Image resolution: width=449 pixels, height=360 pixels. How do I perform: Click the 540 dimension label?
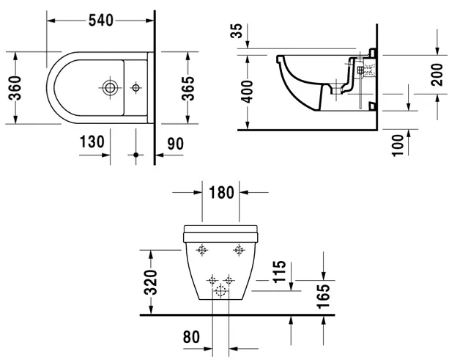click(x=101, y=21)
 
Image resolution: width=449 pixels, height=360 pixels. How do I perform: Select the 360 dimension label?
click(x=15, y=88)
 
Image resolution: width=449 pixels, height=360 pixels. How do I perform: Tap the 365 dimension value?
click(x=188, y=88)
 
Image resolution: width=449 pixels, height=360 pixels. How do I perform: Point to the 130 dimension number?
click(x=92, y=142)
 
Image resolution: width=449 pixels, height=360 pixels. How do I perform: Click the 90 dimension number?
click(x=175, y=144)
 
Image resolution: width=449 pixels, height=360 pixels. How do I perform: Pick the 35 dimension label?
click(x=237, y=31)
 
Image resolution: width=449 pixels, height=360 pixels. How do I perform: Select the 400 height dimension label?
click(x=247, y=92)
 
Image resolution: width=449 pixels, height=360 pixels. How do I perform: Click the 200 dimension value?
click(x=437, y=75)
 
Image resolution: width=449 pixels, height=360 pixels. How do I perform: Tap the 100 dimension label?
click(x=398, y=145)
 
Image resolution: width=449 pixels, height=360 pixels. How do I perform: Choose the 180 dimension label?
click(x=221, y=192)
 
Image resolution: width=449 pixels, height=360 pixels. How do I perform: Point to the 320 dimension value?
click(x=151, y=282)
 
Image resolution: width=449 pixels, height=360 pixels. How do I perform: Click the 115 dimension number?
click(x=280, y=272)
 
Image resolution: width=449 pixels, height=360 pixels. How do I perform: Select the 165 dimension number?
click(x=324, y=296)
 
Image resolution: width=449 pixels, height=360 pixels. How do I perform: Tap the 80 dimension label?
click(x=191, y=337)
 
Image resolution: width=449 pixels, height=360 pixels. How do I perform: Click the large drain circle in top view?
click(x=110, y=88)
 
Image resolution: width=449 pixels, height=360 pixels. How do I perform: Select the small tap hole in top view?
click(x=136, y=87)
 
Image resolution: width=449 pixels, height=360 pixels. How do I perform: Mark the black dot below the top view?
click(x=136, y=155)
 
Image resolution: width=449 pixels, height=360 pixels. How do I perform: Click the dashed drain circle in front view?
click(x=220, y=291)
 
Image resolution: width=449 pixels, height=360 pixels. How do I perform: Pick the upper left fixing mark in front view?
click(x=202, y=250)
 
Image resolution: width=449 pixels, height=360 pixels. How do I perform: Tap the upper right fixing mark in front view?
click(x=239, y=250)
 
